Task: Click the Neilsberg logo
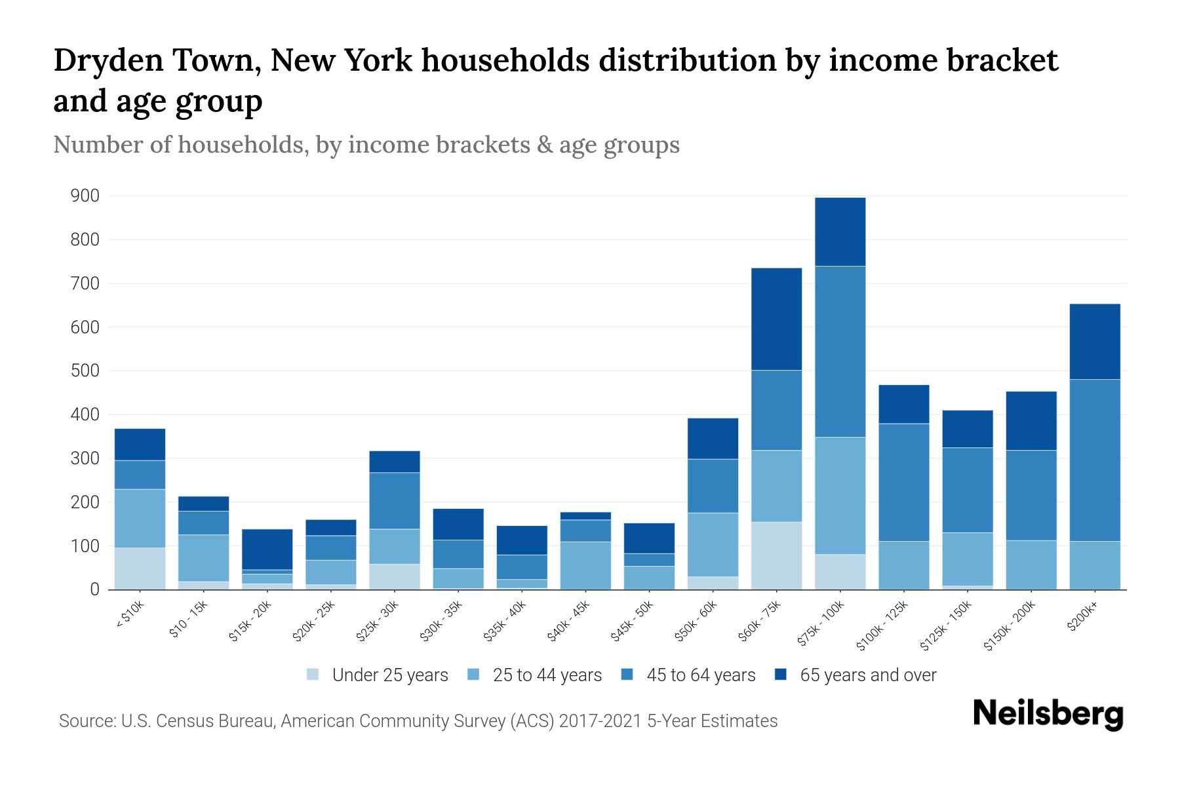pyautogui.click(x=1048, y=714)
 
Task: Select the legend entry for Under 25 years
pyautogui.click(x=378, y=675)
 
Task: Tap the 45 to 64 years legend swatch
pyautogui.click(x=627, y=675)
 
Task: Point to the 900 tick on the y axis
pyautogui.click(x=85, y=196)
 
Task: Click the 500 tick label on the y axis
pyautogui.click(x=85, y=371)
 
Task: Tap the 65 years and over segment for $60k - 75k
pyautogui.click(x=776, y=319)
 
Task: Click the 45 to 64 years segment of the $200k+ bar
pyautogui.click(x=1095, y=460)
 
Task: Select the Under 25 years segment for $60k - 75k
pyautogui.click(x=776, y=555)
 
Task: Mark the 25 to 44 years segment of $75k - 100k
pyautogui.click(x=840, y=496)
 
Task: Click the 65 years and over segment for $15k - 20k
pyautogui.click(x=267, y=549)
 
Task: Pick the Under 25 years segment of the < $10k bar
pyautogui.click(x=140, y=569)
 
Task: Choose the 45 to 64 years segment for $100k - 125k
pyautogui.click(x=903, y=482)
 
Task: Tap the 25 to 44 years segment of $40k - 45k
pyautogui.click(x=585, y=565)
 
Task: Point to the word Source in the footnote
pyautogui.click(x=86, y=721)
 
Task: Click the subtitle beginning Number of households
pyautogui.click(x=366, y=145)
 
